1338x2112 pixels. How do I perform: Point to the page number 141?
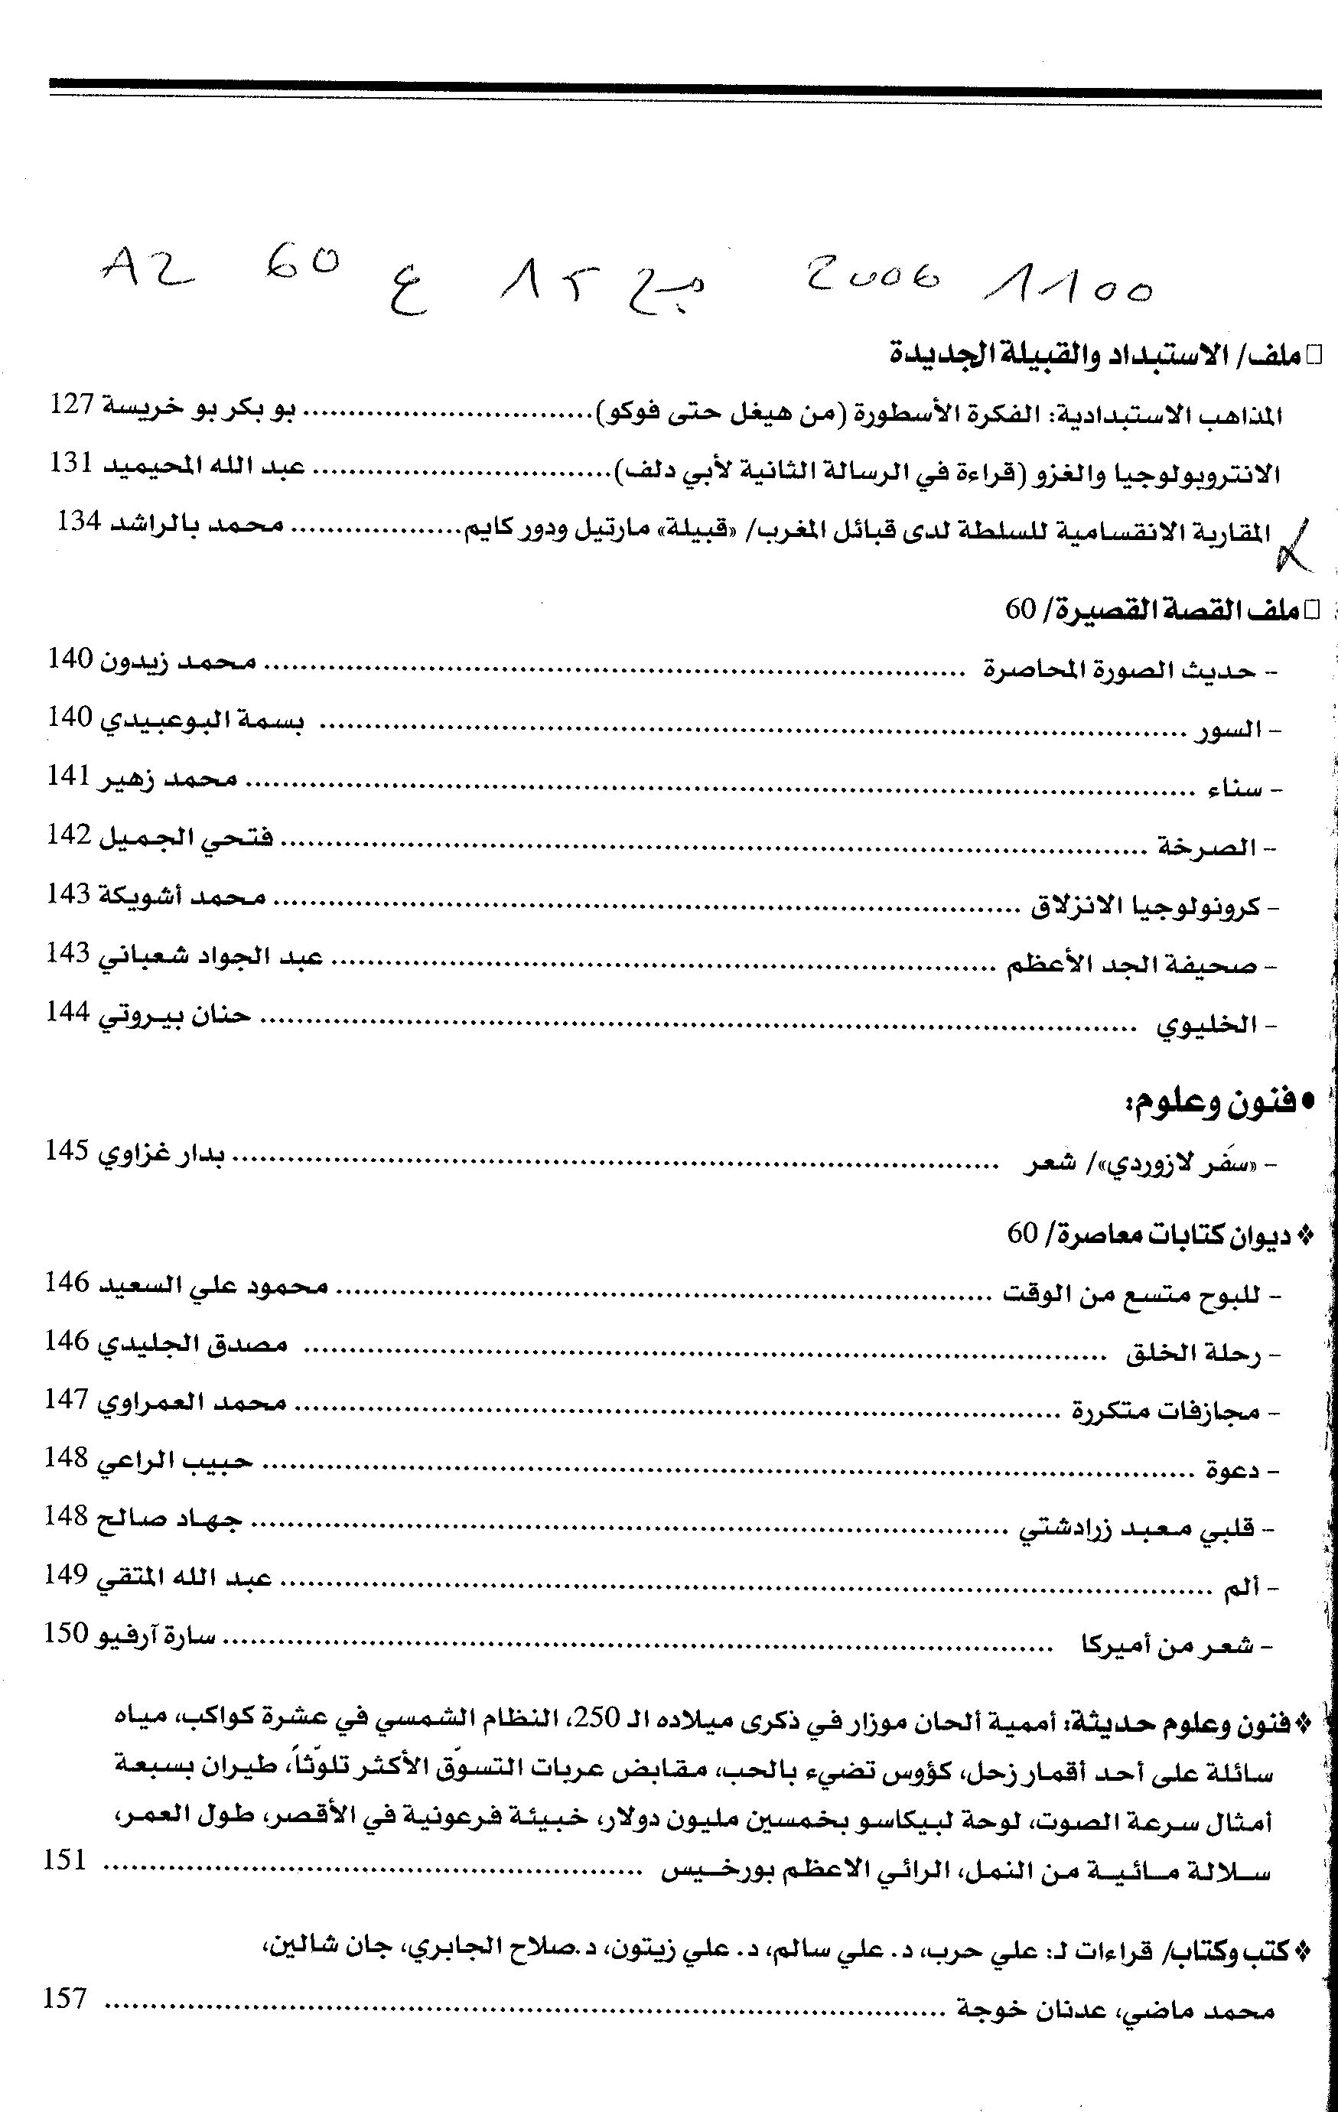tap(68, 776)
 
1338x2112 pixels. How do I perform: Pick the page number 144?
tap(68, 1012)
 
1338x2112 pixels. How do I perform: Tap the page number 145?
tap(67, 1150)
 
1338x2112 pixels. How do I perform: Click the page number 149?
tap(67, 1575)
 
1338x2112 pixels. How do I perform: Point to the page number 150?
tap(67, 1633)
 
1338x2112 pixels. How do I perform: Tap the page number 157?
tap(65, 1999)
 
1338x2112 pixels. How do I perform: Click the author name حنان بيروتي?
tap(175, 1016)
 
